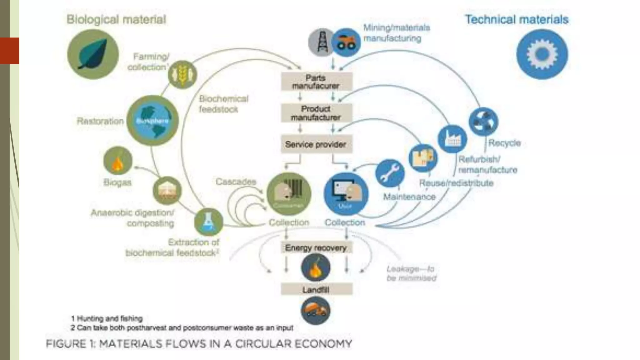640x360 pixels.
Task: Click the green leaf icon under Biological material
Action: point(93,54)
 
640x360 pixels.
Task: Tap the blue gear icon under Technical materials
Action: point(542,54)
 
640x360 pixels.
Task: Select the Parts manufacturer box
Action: point(316,82)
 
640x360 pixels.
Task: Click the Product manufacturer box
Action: point(316,113)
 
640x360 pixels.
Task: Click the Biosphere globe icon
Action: point(152,121)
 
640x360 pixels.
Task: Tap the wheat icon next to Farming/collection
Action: point(182,75)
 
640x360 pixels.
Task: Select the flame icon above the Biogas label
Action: point(118,161)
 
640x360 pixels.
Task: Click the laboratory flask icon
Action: point(208,222)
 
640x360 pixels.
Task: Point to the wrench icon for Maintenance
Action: point(390,173)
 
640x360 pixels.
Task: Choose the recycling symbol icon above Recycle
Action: point(483,121)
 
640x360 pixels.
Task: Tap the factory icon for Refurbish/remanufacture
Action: point(452,139)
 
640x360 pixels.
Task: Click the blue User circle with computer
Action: point(346,194)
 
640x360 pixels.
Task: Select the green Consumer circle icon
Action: point(289,194)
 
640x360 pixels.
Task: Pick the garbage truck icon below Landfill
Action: point(316,310)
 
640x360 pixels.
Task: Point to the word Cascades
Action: point(236,182)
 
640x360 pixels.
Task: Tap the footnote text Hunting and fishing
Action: point(109,318)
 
